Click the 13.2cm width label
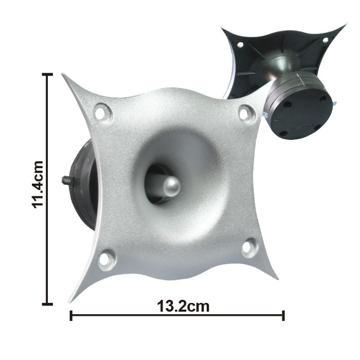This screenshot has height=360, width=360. click(x=183, y=307)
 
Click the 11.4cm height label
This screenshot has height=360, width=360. click(x=37, y=185)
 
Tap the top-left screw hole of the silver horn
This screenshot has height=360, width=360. click(x=100, y=113)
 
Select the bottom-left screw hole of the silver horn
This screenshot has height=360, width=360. click(x=104, y=260)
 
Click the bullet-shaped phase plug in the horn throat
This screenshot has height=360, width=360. click(x=171, y=186)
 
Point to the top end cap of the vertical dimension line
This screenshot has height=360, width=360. click(x=47, y=75)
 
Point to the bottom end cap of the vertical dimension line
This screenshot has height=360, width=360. click(x=47, y=304)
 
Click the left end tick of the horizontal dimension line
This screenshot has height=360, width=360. click(x=71, y=315)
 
